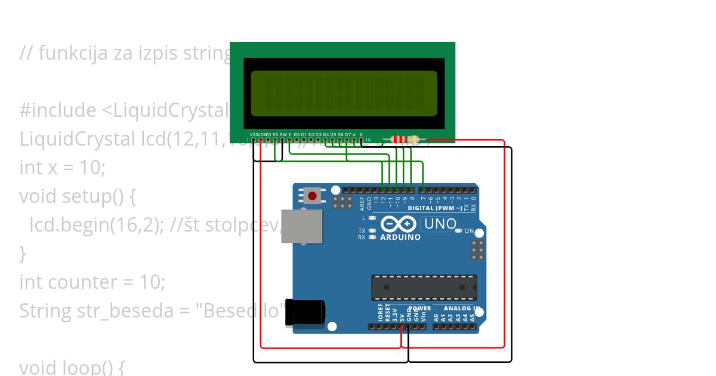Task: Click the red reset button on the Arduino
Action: click(x=311, y=195)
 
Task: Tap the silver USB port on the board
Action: click(x=301, y=227)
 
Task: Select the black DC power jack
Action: click(x=304, y=313)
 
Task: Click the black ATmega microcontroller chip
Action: click(x=424, y=287)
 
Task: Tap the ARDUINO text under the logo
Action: click(x=400, y=237)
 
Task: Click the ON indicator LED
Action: click(x=458, y=230)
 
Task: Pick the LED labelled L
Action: click(x=373, y=218)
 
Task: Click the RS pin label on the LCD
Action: click(x=275, y=134)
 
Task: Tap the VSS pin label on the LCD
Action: click(x=254, y=134)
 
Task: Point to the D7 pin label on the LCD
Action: click(x=348, y=134)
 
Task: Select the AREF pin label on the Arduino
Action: click(x=362, y=204)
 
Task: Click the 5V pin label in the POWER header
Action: click(x=402, y=315)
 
